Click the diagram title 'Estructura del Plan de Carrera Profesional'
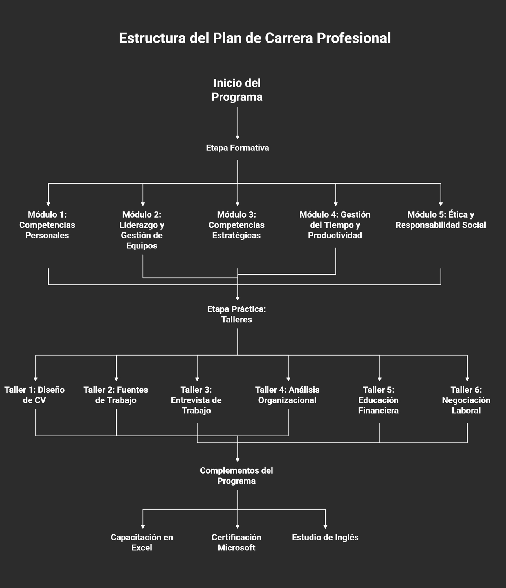coord(254,38)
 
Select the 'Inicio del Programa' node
coord(237,90)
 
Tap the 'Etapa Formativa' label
coord(237,148)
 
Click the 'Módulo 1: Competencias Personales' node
coord(47,225)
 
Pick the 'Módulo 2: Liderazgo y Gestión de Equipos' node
coord(142,230)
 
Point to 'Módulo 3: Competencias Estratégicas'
coord(236,225)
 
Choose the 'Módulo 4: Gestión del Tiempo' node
coord(335,225)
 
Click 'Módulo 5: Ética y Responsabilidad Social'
coord(441,220)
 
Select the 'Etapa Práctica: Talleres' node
coord(237,315)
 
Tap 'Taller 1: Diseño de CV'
coord(34,395)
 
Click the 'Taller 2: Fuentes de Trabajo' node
coord(116,395)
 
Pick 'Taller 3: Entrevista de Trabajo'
coord(196,400)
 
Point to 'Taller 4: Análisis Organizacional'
coord(287,395)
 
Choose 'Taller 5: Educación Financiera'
coord(378,400)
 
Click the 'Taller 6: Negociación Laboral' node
coord(466,400)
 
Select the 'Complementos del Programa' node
coord(236,476)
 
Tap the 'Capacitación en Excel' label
coord(142,543)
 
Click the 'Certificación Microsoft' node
coord(236,543)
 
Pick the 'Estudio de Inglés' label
coord(325,538)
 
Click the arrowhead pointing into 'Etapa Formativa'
coord(238,137)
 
